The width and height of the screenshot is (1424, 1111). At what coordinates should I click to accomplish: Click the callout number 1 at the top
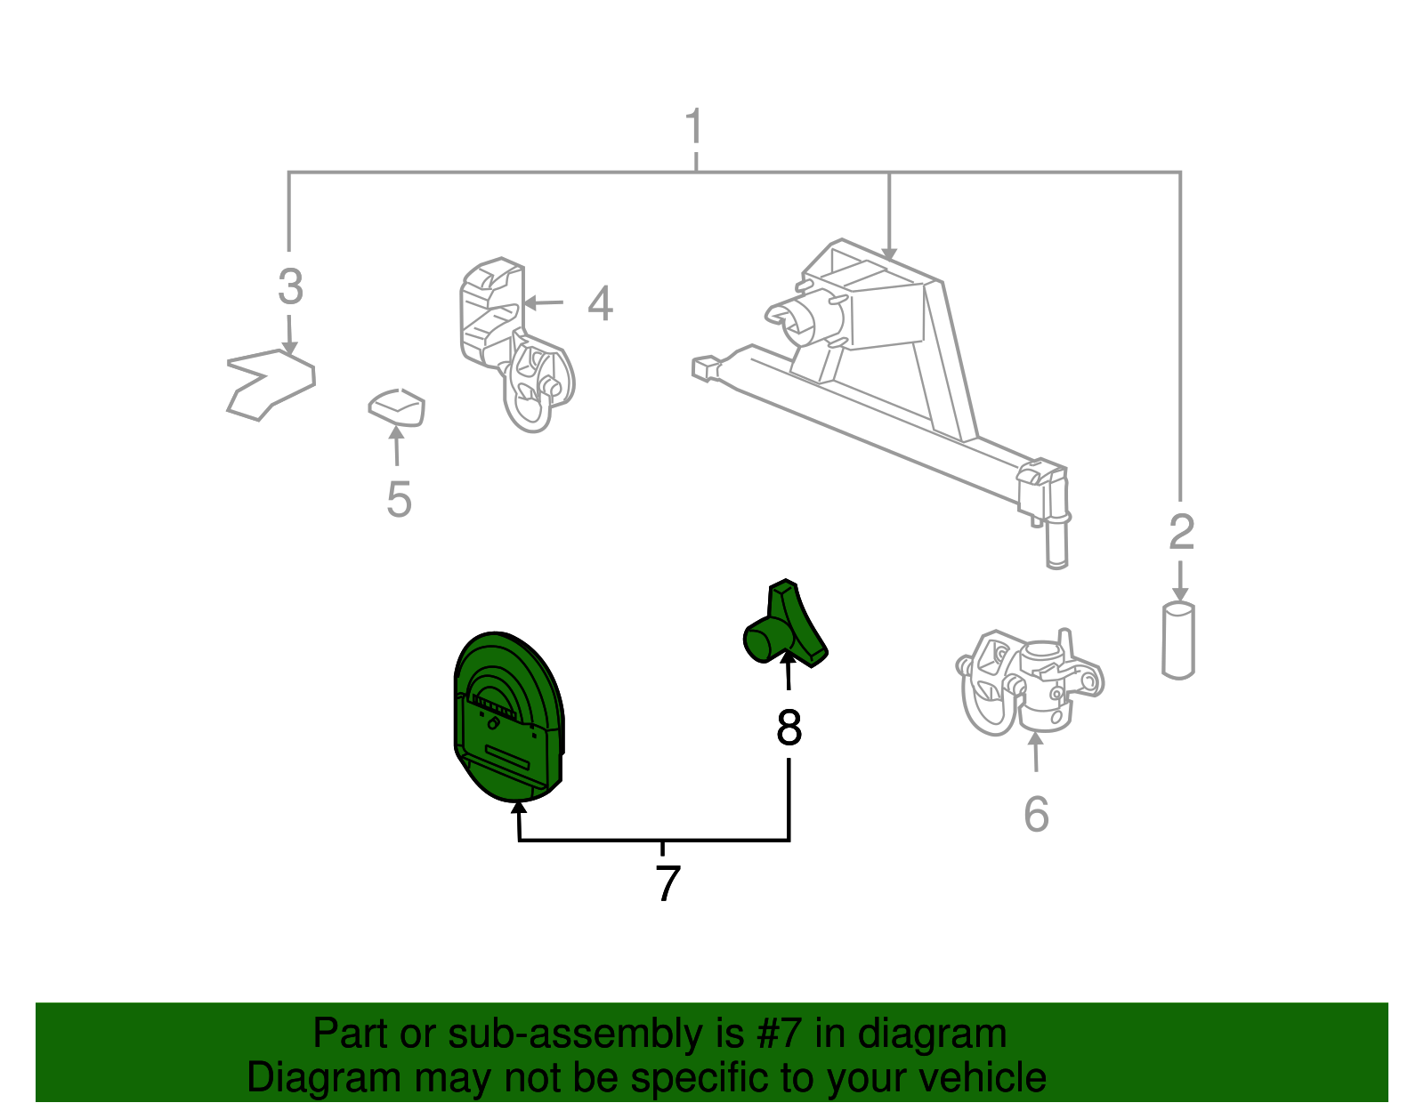(694, 126)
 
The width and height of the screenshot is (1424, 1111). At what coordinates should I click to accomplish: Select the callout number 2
(1182, 532)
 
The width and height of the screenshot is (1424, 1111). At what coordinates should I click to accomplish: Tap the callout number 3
(290, 286)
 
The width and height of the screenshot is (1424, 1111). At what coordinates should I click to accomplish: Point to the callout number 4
(600, 303)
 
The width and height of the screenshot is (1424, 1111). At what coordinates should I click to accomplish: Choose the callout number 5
(399, 499)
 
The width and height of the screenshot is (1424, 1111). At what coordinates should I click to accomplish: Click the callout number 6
(1036, 814)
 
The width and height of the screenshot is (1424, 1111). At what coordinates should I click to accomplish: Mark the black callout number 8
(789, 727)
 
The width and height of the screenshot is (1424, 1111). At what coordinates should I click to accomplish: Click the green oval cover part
(508, 716)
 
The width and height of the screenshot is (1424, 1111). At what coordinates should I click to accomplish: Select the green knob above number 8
(784, 625)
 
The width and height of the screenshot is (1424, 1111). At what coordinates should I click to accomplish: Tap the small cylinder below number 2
(1178, 640)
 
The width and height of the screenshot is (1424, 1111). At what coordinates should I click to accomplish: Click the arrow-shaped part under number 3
(270, 384)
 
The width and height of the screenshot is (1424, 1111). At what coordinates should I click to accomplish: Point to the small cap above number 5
(396, 407)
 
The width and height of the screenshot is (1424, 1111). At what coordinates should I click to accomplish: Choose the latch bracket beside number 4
(514, 343)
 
